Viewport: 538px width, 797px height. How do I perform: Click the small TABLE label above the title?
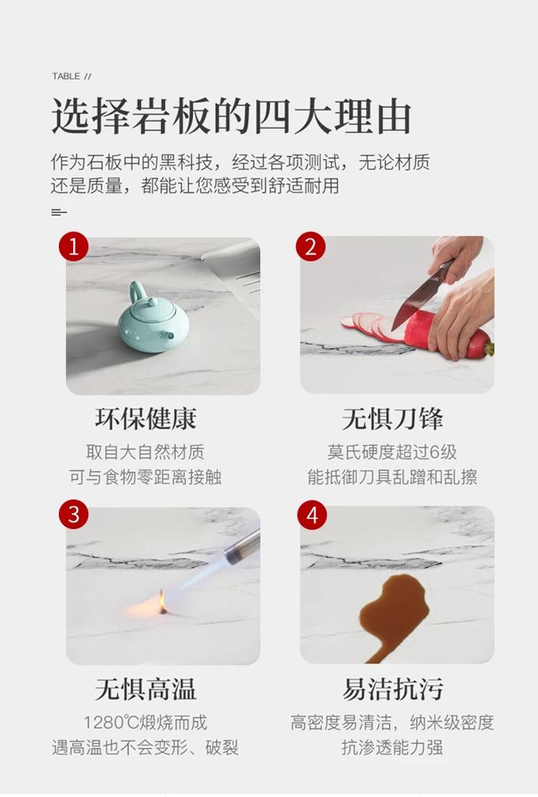click(66, 76)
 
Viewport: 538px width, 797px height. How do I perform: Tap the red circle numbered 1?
click(74, 247)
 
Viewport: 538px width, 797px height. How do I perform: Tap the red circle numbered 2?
click(310, 247)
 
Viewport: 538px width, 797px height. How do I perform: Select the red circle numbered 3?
click(74, 515)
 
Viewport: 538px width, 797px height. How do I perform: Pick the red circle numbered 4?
click(312, 515)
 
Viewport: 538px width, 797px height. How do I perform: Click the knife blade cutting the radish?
click(417, 300)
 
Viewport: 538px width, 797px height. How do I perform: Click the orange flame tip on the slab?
click(161, 601)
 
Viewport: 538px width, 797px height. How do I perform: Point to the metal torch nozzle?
click(242, 546)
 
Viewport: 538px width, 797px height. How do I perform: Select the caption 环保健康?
click(146, 419)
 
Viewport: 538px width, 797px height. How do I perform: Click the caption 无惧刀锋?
click(392, 419)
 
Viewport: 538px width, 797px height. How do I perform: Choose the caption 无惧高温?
click(146, 689)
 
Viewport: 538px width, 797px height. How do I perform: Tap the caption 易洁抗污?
click(392, 689)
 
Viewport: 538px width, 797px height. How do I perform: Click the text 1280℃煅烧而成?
click(146, 722)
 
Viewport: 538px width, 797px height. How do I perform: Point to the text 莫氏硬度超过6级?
click(392, 452)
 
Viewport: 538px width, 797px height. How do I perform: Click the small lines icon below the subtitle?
click(59, 212)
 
